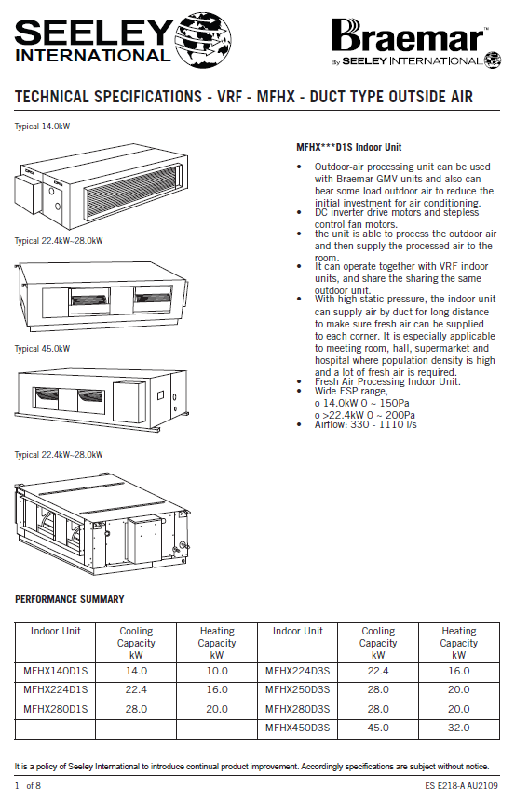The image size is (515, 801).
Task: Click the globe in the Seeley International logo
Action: (x=203, y=40)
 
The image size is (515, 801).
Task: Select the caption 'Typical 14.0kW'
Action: (x=42, y=127)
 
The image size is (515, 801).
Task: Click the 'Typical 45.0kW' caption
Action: (x=42, y=349)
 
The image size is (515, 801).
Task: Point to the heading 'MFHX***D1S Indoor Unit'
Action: (x=349, y=148)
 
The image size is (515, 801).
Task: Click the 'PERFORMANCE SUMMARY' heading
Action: (x=70, y=599)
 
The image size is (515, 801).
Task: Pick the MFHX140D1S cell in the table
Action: (x=55, y=671)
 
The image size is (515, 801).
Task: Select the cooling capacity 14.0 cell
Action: (x=136, y=671)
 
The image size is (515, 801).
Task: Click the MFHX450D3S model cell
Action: (x=298, y=728)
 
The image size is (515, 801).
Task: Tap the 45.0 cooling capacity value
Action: (x=378, y=728)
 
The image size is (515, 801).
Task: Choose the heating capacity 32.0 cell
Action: (x=459, y=728)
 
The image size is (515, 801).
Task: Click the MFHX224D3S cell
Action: (x=298, y=671)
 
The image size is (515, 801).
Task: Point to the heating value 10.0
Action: (x=217, y=671)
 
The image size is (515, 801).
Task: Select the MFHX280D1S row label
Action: (x=55, y=709)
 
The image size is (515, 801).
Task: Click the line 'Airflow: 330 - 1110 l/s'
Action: (x=366, y=424)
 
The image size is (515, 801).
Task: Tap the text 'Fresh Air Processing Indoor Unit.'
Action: (x=387, y=381)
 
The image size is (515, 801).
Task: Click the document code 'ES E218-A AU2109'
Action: (x=461, y=786)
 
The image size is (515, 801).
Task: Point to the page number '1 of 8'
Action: (x=28, y=786)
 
